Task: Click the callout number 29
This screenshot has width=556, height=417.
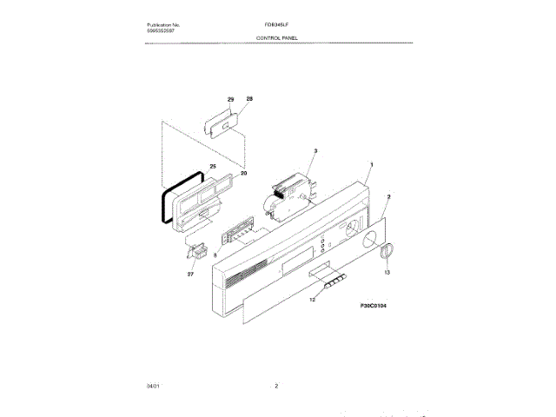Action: click(x=231, y=100)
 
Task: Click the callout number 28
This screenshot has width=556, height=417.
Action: click(x=249, y=100)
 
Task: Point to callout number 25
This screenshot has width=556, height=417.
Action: click(x=213, y=165)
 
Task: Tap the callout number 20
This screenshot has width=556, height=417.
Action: click(x=243, y=173)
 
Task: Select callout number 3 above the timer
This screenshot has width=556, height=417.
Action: click(x=315, y=151)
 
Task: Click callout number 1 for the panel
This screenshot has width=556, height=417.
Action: click(x=372, y=164)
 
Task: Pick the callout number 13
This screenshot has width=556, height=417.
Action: click(x=387, y=273)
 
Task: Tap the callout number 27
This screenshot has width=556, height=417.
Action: click(x=191, y=274)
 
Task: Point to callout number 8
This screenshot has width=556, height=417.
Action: click(x=215, y=254)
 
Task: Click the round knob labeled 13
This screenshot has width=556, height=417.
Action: click(x=386, y=251)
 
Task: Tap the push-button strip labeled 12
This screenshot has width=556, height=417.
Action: click(x=334, y=281)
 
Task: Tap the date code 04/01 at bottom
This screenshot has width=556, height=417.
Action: click(x=153, y=385)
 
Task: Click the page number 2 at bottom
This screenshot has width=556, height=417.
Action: click(x=275, y=385)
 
